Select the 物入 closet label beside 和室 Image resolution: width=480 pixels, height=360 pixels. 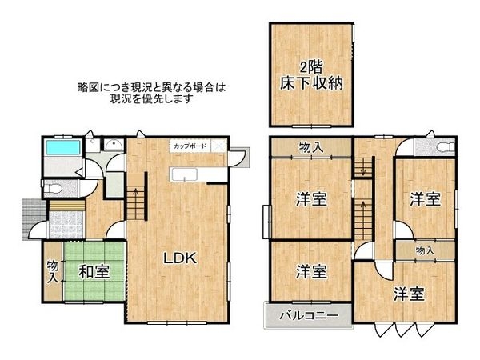(x=52, y=272)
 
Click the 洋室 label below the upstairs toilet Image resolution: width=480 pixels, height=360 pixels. (x=425, y=199)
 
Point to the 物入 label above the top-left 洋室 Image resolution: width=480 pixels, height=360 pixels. (x=310, y=146)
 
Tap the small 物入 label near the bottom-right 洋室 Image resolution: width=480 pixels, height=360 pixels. (x=424, y=250)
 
